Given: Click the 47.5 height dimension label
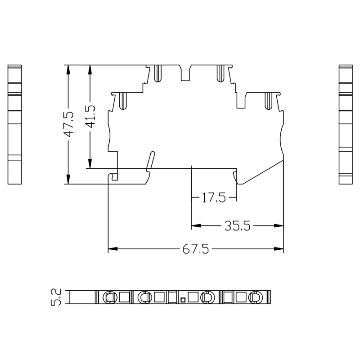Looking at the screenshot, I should (68, 125).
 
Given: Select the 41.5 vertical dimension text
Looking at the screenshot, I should (90, 117).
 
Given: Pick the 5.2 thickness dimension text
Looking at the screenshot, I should (57, 297).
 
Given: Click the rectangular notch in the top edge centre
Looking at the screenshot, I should (185, 73).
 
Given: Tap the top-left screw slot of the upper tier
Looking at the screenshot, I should (157, 74).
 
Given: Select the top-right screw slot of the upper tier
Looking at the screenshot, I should (220, 74).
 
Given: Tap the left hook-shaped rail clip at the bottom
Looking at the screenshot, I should (114, 175).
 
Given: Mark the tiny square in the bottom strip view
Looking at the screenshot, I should (183, 299).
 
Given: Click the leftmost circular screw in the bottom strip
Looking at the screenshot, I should (109, 297).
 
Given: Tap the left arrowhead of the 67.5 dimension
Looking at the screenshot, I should (111, 248).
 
